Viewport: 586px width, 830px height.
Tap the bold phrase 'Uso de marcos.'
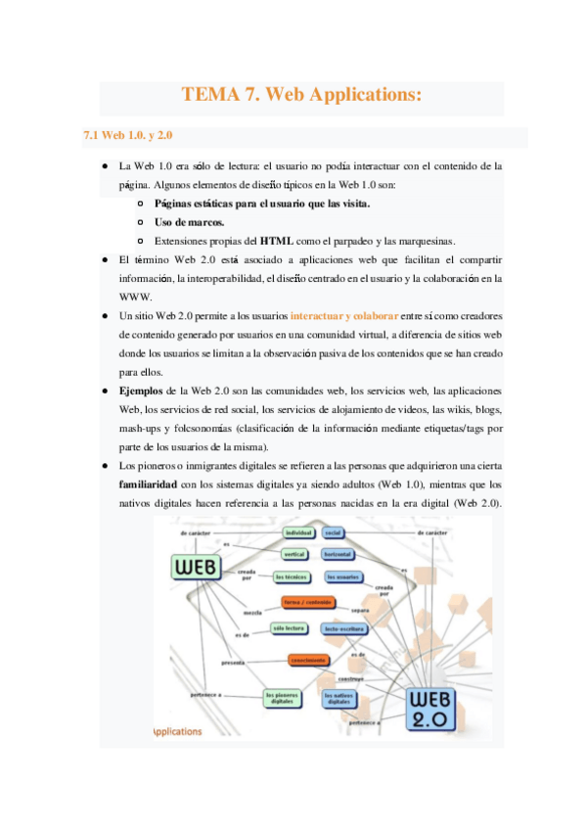(x=189, y=222)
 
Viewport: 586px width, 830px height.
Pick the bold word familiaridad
(x=148, y=484)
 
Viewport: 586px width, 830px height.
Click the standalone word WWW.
(x=131, y=297)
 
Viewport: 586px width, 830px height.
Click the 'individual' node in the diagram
(x=297, y=532)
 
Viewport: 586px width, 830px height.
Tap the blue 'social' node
(x=333, y=532)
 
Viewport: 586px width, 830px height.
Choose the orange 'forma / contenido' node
(x=306, y=602)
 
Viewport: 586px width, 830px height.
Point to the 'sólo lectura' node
(x=290, y=626)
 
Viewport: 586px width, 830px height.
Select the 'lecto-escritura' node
(x=344, y=628)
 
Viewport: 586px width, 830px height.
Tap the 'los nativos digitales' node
(x=340, y=698)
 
